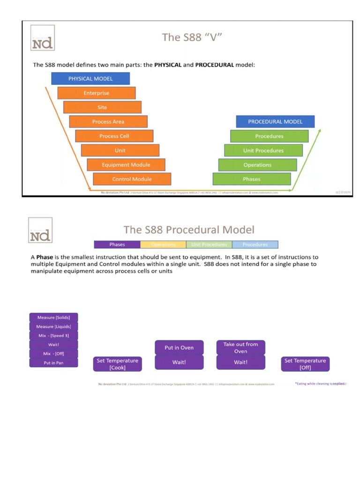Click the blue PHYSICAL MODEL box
click(x=90, y=78)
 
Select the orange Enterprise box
click(x=97, y=93)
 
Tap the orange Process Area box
click(x=108, y=121)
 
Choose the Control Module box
click(x=132, y=179)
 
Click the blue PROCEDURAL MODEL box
click(x=275, y=121)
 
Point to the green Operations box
click(x=257, y=165)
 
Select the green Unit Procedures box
click(x=263, y=150)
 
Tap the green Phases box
click(x=252, y=179)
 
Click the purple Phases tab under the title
click(x=117, y=244)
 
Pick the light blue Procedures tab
click(x=255, y=244)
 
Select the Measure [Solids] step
click(x=53, y=317)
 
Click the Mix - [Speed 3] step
click(x=53, y=335)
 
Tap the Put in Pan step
click(x=53, y=363)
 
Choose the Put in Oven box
click(x=179, y=347)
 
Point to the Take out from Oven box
click(x=240, y=347)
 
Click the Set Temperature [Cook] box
click(x=117, y=364)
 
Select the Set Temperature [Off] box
click(x=305, y=364)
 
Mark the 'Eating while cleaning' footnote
click(x=320, y=383)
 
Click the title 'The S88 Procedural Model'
click(x=189, y=230)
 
